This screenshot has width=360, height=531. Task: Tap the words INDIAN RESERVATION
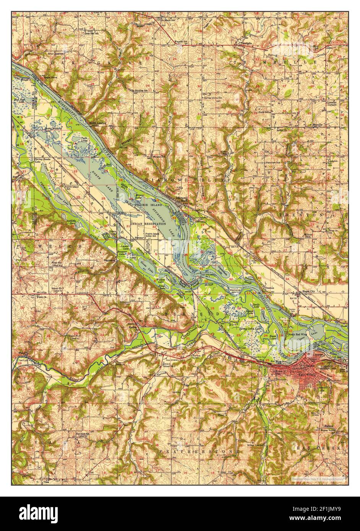tap(148, 224)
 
